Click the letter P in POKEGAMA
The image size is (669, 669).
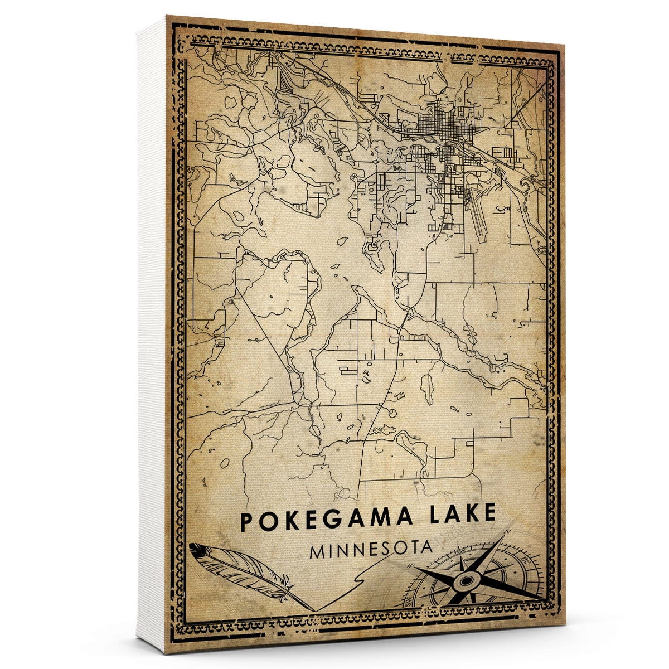246,522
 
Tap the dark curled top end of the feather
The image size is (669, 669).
195,547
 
